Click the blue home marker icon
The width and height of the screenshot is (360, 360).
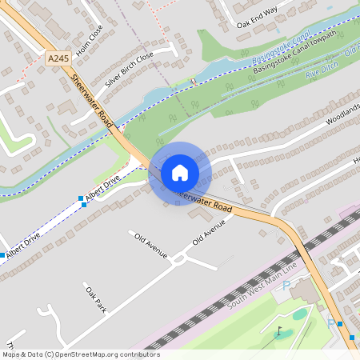coord(180,172)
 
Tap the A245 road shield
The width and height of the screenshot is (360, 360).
coord(57,58)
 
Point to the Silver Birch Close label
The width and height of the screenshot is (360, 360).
coord(128,69)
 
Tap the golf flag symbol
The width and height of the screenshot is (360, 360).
coord(279,330)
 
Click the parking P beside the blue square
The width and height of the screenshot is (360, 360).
coord(330,323)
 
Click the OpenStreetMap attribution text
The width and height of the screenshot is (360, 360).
coord(80,354)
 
